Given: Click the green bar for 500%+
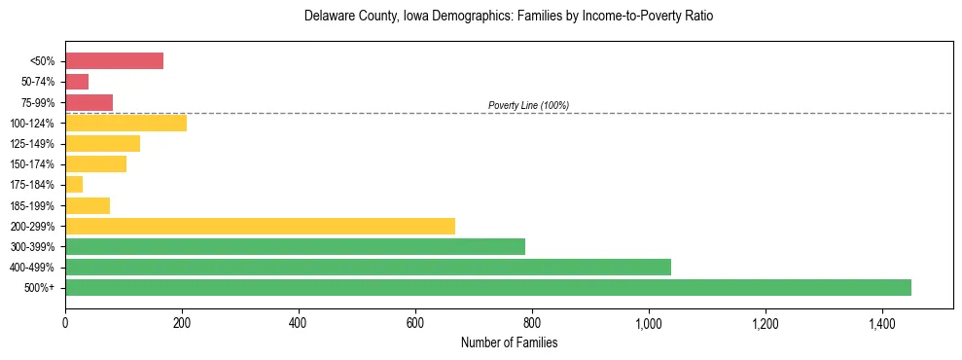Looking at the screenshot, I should pos(487,287).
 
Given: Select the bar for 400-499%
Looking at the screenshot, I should pos(368,267).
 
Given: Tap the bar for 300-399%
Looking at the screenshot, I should pos(295,246).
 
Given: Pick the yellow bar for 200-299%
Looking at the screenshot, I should pos(260,226).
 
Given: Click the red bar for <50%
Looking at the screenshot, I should pos(114,60).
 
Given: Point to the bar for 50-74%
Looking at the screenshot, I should pos(77,82).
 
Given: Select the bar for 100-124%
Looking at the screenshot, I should pos(125,123).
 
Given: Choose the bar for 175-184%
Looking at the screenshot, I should pos(74,184).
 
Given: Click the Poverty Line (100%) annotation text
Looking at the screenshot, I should pos(528,105).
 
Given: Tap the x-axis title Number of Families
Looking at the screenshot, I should pos(509,342).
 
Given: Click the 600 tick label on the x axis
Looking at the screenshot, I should pos(415,322).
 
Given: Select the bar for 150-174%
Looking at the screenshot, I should pos(95,163).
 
